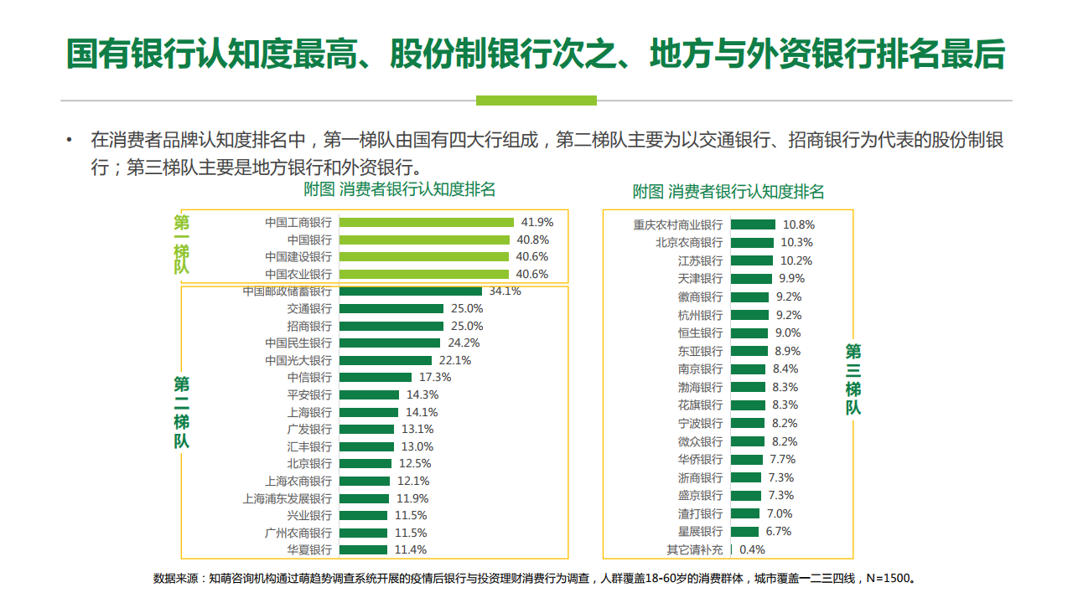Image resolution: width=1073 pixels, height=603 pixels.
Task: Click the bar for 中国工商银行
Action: (x=427, y=223)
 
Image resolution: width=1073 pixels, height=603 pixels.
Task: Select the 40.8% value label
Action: (x=532, y=240)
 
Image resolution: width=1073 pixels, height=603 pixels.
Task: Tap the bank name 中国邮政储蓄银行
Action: (x=287, y=291)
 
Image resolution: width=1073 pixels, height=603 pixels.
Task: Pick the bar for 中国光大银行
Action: (x=386, y=360)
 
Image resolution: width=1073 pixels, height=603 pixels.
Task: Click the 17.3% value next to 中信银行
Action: (x=435, y=377)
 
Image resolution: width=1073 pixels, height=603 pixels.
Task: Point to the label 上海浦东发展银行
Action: (x=287, y=498)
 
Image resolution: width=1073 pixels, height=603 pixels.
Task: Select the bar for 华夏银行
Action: (x=363, y=550)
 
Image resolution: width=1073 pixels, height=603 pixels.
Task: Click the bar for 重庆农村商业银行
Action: (x=753, y=224)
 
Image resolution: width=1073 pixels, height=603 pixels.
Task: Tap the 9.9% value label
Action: (x=791, y=279)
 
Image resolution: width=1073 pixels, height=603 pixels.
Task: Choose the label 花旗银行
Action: (x=700, y=405)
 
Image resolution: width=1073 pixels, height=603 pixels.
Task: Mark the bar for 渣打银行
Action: (x=745, y=513)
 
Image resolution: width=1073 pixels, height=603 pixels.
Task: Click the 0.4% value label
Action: (x=752, y=550)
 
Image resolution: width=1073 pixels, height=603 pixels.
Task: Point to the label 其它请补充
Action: (x=695, y=550)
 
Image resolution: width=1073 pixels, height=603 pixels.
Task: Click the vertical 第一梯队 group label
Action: (x=182, y=245)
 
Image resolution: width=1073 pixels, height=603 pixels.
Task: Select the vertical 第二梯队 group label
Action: (x=182, y=412)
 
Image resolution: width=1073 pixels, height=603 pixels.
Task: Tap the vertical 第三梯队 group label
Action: (x=853, y=379)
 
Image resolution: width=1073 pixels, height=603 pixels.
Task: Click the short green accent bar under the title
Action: (x=536, y=100)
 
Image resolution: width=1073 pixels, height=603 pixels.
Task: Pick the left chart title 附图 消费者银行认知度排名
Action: (x=400, y=189)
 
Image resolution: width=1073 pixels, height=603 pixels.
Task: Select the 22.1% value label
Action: (x=455, y=360)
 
